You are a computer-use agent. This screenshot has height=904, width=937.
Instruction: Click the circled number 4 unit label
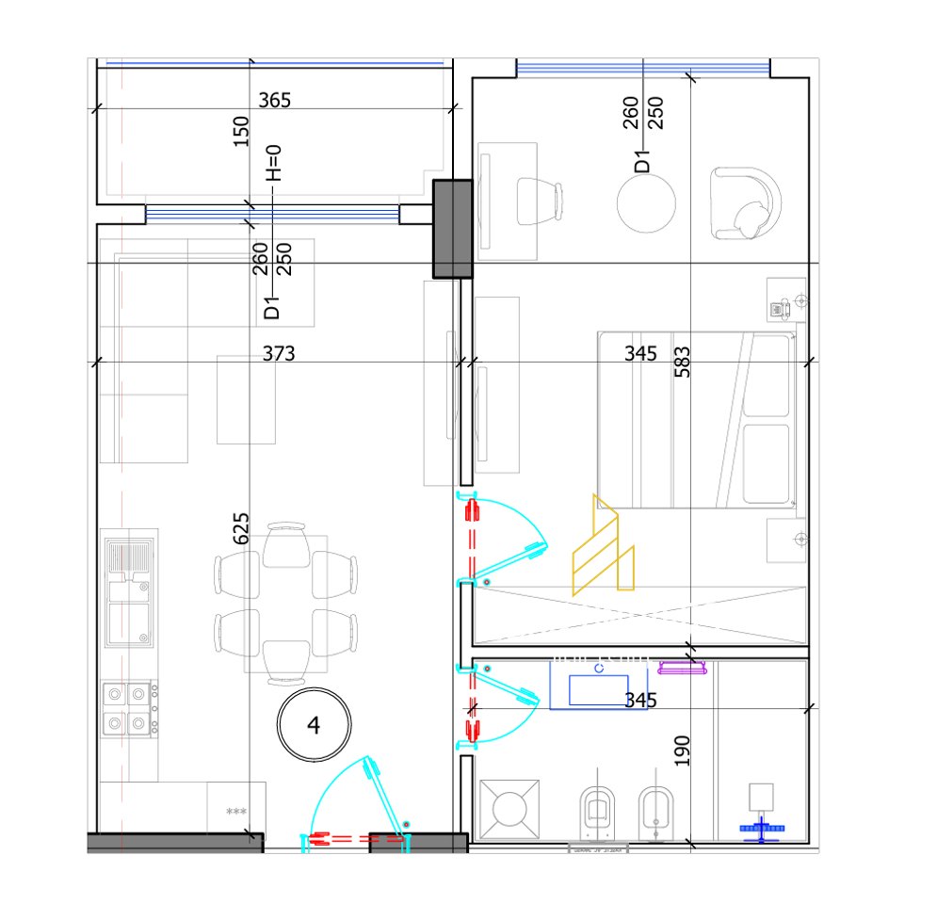point(314,725)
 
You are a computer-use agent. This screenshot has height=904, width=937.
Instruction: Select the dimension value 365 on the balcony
point(274,101)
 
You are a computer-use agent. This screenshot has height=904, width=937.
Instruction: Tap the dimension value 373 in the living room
point(279,354)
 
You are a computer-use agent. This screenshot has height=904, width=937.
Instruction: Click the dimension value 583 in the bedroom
point(683,363)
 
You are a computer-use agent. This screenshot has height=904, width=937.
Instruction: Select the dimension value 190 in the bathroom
point(683,751)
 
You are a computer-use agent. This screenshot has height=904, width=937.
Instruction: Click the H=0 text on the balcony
point(273,163)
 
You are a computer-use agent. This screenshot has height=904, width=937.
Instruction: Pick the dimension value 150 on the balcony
point(241,131)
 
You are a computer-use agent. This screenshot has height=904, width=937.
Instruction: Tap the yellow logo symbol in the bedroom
point(604,545)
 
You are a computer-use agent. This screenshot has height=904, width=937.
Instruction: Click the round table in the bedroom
point(646,203)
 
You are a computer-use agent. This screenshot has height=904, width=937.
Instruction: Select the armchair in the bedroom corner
point(748,203)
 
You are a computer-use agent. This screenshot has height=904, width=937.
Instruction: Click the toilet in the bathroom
point(596,810)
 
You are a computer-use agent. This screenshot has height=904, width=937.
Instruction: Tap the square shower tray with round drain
point(509,808)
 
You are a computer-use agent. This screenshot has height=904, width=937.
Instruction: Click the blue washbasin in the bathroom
point(598,686)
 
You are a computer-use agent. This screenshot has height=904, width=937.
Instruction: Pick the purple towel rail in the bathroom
point(683,669)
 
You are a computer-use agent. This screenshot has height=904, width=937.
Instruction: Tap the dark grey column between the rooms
point(451,229)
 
